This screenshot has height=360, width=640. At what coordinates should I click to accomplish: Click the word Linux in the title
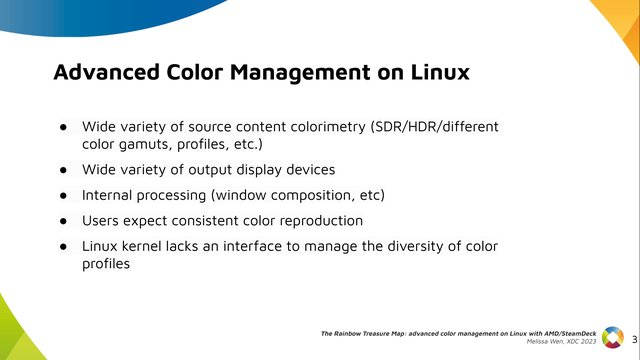(440, 72)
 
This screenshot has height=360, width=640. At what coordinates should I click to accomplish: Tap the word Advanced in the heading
(106, 72)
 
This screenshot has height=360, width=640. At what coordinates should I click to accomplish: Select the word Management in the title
(300, 73)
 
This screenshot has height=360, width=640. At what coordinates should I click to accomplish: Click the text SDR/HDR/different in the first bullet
(435, 127)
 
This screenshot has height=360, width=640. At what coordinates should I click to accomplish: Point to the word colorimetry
(328, 127)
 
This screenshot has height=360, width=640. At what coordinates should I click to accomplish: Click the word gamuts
(146, 145)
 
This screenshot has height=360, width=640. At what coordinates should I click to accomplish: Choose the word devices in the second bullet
(311, 169)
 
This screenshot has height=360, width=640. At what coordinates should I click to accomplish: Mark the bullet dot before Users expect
(63, 221)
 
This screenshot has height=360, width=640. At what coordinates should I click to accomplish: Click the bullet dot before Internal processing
(63, 196)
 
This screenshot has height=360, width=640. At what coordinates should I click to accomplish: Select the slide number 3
(635, 339)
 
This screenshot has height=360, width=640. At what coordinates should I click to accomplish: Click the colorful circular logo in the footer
(613, 338)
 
